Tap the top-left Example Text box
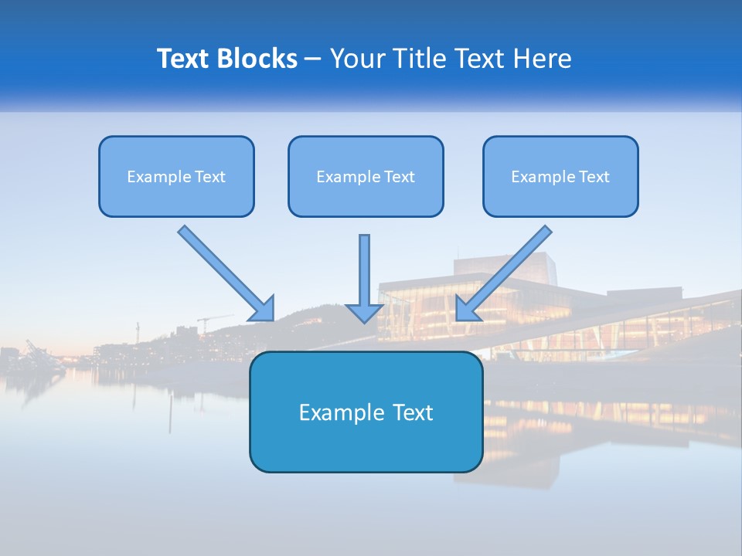[x=176, y=176]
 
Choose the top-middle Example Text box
[x=366, y=176]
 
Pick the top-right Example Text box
[x=560, y=176]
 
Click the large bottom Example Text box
[x=366, y=412]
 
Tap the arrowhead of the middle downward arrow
[x=364, y=313]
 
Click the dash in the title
[x=313, y=59]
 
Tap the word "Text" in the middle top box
[x=399, y=176]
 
